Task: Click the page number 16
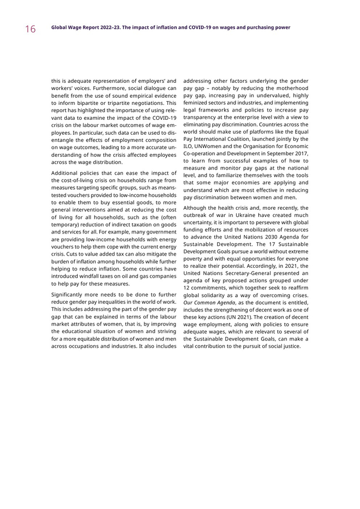point(30,29)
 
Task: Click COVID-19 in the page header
point(178,27)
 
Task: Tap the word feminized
point(197,103)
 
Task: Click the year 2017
point(301,153)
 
